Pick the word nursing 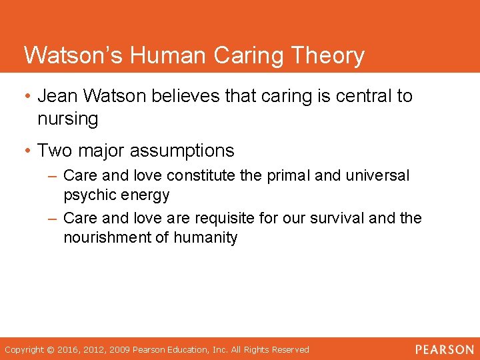(x=68, y=119)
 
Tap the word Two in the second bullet (x=53, y=151)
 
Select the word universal (x=378, y=176)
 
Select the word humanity (x=207, y=237)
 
